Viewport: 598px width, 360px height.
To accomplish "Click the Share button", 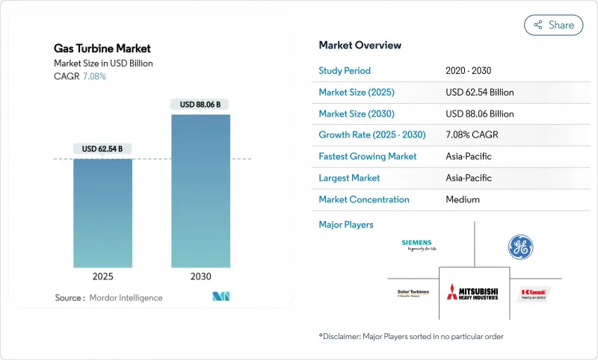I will pos(553,25).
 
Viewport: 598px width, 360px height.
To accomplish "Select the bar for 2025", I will pos(102,213).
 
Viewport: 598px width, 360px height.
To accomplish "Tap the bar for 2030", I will pos(200,190).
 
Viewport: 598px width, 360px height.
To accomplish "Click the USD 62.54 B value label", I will pos(102,149).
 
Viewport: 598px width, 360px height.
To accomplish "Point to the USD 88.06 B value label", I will pos(200,105).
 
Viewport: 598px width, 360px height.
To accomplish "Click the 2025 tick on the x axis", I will pos(102,276).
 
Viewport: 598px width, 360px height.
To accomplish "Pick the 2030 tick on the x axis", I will pos(200,276).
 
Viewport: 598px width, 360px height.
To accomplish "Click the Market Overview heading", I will pos(360,46).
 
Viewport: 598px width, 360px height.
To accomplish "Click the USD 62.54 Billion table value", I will pos(479,93).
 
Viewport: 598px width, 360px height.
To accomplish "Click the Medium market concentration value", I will pos(463,199).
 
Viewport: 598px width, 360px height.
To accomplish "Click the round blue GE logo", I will pos(520,247).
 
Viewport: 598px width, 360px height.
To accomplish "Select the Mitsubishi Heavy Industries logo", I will pos(472,292).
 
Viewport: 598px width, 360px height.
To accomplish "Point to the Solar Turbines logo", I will pos(412,294).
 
